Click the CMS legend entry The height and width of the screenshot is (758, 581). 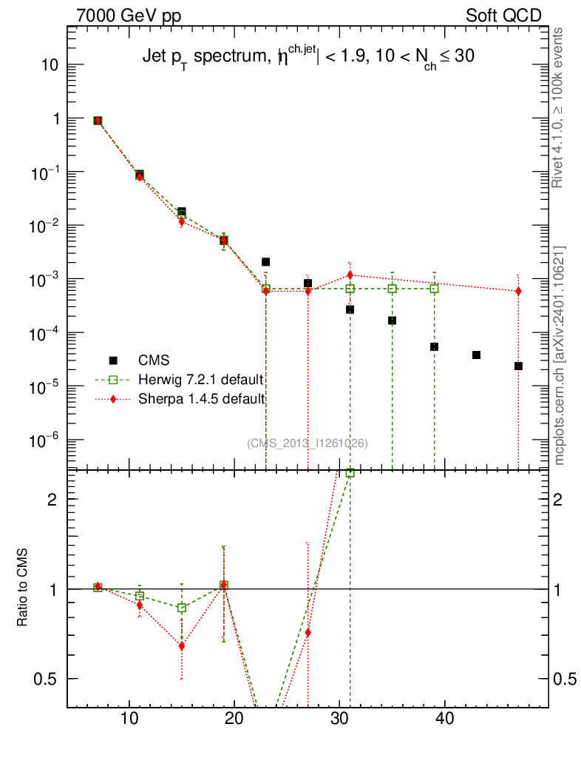coord(154,360)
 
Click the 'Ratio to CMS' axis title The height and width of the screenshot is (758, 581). coord(24,588)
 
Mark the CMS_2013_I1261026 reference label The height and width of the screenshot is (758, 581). coord(308,443)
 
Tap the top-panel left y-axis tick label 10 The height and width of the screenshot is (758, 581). coord(49,65)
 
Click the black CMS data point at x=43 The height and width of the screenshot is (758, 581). coord(476,355)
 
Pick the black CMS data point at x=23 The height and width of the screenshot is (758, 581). coord(265,262)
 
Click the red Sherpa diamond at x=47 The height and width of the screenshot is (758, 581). coord(518,291)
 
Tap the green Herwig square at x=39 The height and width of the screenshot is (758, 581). coord(434,289)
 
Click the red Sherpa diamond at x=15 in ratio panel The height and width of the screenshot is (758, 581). coord(181,646)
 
